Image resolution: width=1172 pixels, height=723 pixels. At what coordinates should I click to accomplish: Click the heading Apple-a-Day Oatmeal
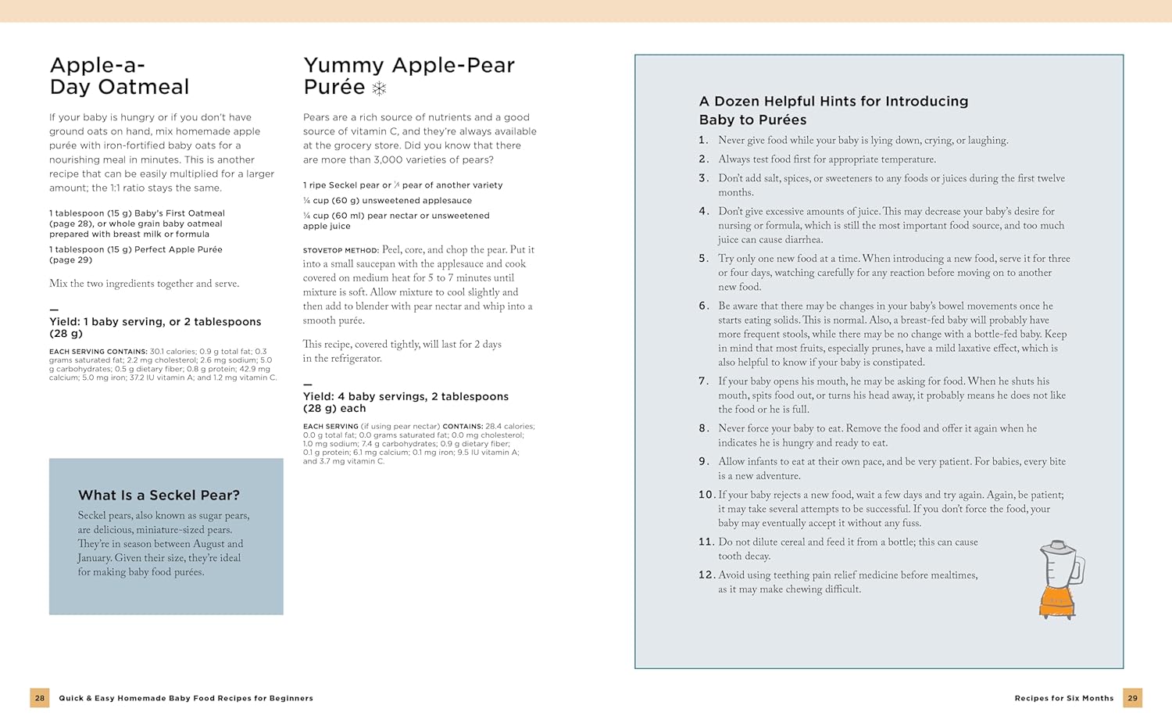click(120, 76)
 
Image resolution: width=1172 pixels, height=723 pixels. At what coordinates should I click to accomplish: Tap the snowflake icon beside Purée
click(379, 88)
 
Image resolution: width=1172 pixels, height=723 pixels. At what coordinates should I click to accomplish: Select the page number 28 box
click(40, 698)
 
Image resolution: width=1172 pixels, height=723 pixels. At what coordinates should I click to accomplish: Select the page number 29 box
click(1132, 698)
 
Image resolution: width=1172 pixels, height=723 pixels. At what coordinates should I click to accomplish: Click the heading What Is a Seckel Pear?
click(159, 495)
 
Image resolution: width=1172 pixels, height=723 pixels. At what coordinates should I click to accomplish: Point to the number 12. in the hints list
click(706, 574)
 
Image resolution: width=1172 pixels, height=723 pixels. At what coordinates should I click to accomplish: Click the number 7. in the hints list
click(703, 381)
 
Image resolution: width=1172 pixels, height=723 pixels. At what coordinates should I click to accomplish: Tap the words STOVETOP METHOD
click(341, 250)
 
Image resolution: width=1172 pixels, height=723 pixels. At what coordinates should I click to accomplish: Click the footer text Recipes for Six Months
click(1063, 698)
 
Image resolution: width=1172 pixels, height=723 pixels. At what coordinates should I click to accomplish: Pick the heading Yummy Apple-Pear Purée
click(409, 76)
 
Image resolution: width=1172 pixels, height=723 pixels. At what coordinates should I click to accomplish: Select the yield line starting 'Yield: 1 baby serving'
click(155, 327)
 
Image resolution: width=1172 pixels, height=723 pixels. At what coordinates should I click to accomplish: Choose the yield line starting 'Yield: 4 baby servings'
click(406, 402)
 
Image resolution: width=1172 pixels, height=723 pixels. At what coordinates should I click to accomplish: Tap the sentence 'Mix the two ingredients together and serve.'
click(145, 284)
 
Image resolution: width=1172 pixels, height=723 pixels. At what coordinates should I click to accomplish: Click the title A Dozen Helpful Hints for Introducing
click(833, 101)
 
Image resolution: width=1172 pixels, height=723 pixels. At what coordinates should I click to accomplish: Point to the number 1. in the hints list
click(703, 140)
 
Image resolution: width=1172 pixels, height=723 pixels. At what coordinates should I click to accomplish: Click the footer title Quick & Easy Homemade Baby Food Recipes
click(186, 698)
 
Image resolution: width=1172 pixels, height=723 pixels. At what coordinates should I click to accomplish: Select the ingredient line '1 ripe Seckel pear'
click(402, 185)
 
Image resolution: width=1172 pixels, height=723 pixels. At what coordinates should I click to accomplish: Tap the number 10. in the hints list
click(706, 494)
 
